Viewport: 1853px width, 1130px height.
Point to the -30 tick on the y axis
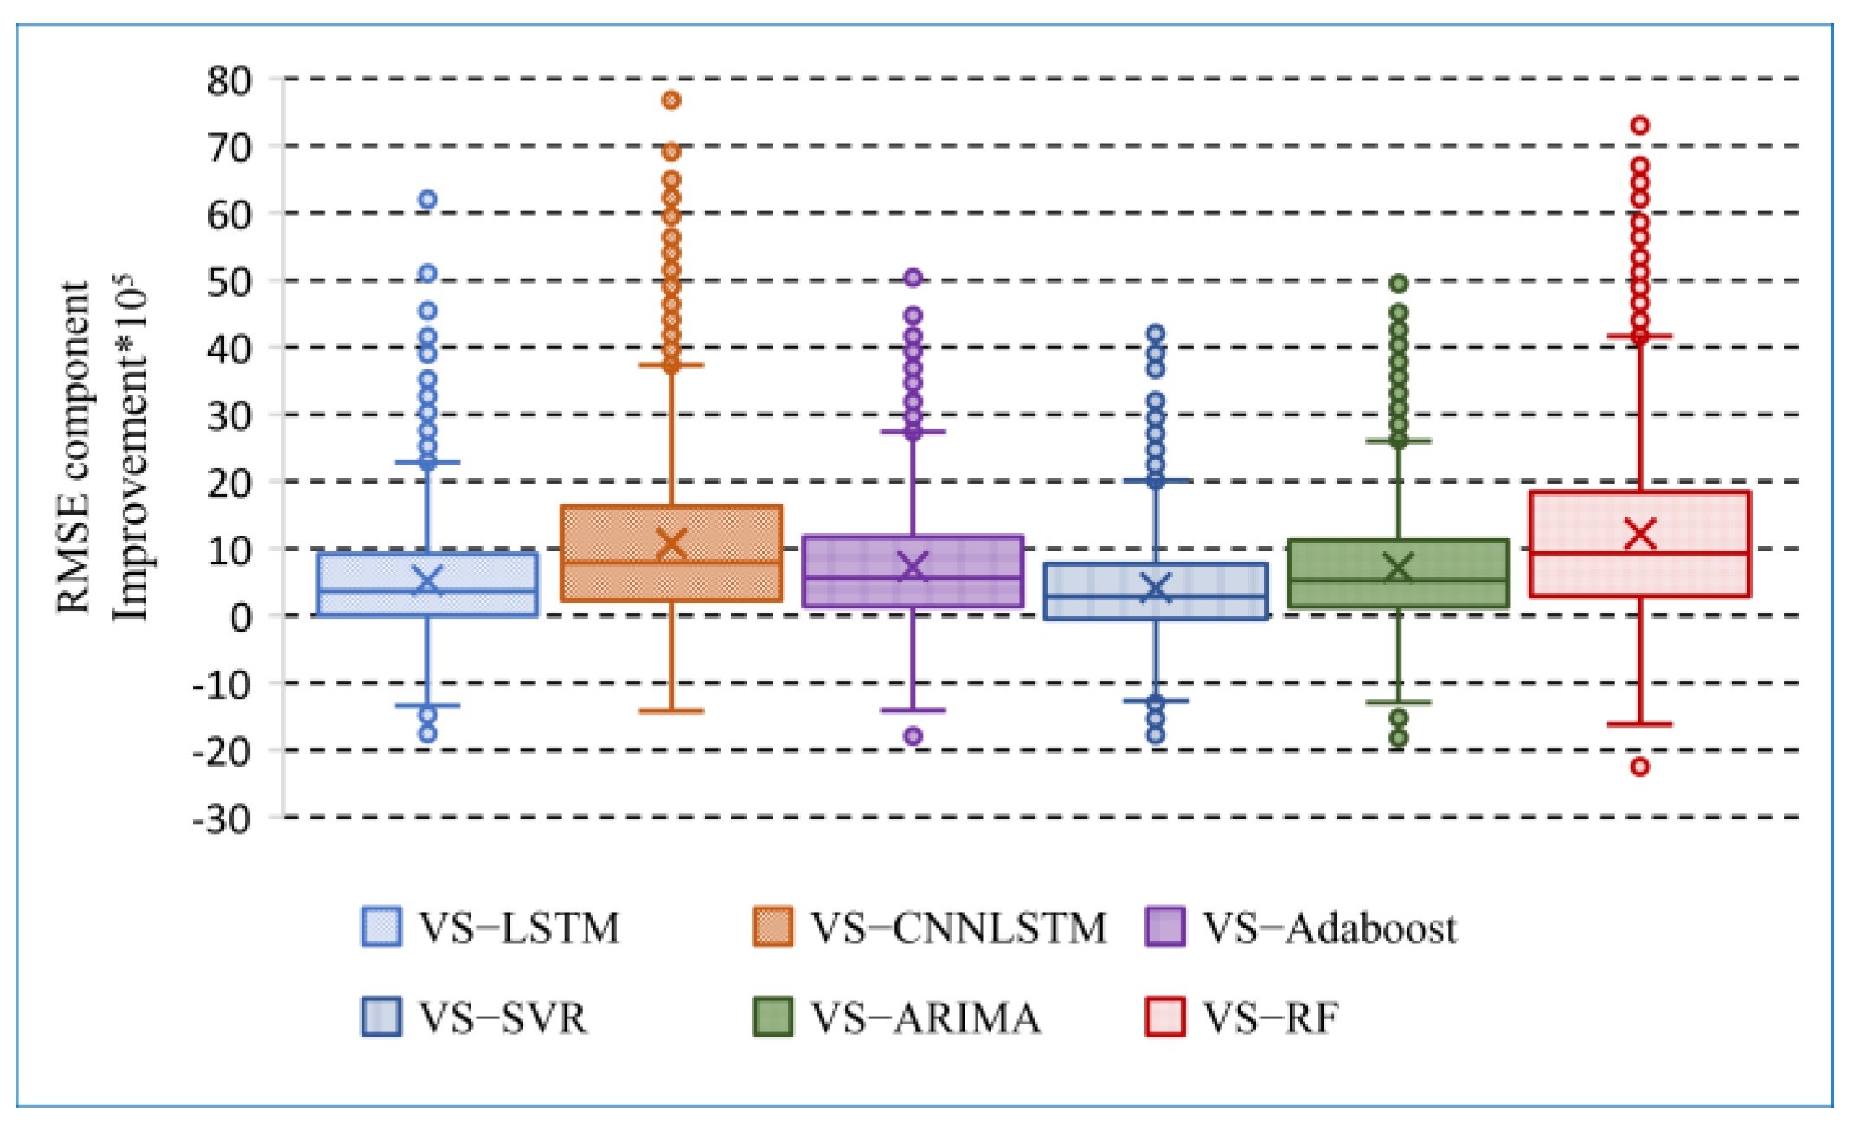[222, 818]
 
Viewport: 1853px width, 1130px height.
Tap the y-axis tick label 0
[241, 617]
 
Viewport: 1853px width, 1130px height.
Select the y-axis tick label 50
[229, 282]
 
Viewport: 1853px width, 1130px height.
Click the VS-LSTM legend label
[519, 928]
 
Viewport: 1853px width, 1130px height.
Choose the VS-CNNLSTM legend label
[959, 928]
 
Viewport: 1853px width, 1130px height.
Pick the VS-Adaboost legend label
[1330, 928]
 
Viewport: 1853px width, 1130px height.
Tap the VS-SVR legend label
[503, 1018]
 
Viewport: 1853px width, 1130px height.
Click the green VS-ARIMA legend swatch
[773, 1017]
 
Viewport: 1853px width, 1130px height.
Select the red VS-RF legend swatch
[1164, 1017]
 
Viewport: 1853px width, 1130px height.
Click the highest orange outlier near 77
[671, 100]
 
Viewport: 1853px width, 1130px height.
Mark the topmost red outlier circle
[1640, 125]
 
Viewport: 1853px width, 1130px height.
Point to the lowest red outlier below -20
[1640, 767]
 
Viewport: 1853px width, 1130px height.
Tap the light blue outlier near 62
[427, 200]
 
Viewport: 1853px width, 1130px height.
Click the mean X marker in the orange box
[671, 543]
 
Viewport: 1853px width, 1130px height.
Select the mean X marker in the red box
[1640, 534]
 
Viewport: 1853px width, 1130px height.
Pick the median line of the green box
[1398, 581]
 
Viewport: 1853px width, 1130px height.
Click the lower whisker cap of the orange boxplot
[671, 711]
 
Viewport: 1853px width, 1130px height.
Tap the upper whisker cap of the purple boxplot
[914, 431]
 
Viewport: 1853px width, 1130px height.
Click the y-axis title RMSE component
[74, 446]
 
